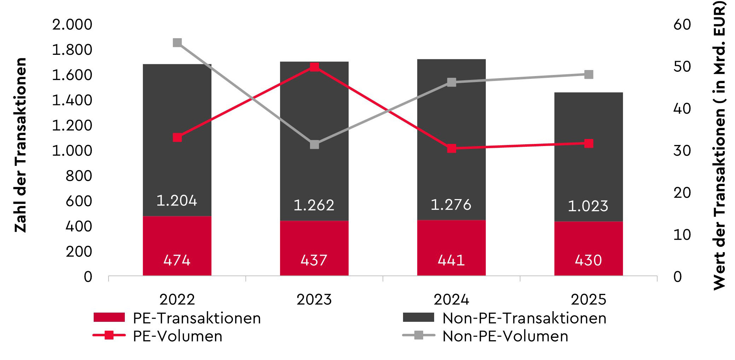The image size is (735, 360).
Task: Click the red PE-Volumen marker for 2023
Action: pyautogui.click(x=314, y=67)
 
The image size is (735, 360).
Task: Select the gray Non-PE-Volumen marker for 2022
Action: pyautogui.click(x=177, y=43)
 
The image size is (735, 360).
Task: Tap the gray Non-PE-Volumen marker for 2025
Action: pyautogui.click(x=589, y=75)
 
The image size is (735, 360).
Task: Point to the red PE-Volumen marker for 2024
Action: pyautogui.click(x=451, y=149)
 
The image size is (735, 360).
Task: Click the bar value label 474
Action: pyautogui.click(x=177, y=260)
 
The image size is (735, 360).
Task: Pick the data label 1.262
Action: pyautogui.click(x=314, y=205)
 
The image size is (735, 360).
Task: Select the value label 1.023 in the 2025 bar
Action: pyautogui.click(x=588, y=206)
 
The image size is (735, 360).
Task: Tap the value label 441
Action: pyautogui.click(x=451, y=260)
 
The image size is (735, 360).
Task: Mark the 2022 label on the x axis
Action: pyautogui.click(x=177, y=300)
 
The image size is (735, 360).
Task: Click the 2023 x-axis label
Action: pyautogui.click(x=314, y=300)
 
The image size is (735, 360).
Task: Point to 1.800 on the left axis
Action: pyautogui.click(x=72, y=50)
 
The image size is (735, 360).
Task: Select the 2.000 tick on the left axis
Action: pyautogui.click(x=72, y=25)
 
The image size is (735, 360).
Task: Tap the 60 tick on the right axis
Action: pyautogui.click(x=682, y=25)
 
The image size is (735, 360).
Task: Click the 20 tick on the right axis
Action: pyautogui.click(x=682, y=193)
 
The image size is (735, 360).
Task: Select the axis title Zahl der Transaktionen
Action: pyautogui.click(x=21, y=145)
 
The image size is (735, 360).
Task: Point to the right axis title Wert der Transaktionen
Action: pyautogui.click(x=719, y=145)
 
